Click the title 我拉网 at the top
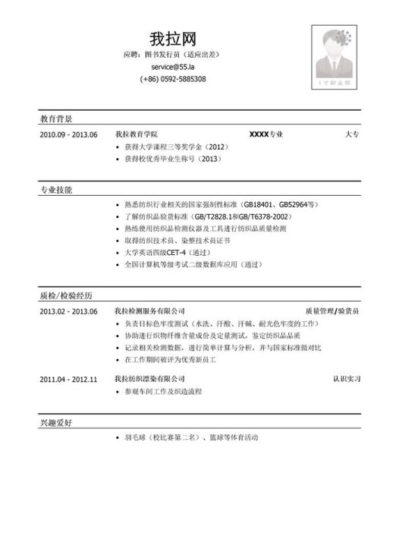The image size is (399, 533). (x=173, y=37)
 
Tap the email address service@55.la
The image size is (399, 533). (x=173, y=67)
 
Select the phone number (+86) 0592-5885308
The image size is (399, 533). (x=173, y=79)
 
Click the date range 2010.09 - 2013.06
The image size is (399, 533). (x=69, y=134)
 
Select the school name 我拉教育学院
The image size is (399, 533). (x=141, y=134)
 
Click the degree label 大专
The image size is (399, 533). (x=351, y=134)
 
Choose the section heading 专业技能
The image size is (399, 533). (x=56, y=189)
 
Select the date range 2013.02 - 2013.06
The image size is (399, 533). (x=69, y=311)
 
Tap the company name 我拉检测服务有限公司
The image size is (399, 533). (x=149, y=311)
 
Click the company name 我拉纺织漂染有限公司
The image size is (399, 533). (x=149, y=377)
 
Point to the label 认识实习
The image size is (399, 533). (x=346, y=377)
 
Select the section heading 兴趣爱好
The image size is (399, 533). (x=56, y=421)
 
